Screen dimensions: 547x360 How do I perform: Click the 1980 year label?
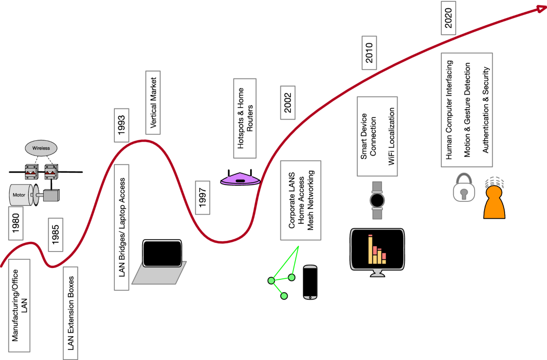pyautogui.click(x=16, y=223)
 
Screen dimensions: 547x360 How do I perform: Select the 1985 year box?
pyautogui.click(x=56, y=235)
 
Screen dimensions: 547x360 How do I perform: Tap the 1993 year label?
pyautogui.click(x=122, y=125)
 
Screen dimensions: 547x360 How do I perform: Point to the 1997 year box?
pyautogui.click(x=203, y=198)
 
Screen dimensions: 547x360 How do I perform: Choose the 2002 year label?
pyautogui.click(x=288, y=103)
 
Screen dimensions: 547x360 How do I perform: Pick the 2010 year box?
pyautogui.click(x=369, y=53)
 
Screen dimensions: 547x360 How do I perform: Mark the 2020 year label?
pyautogui.click(x=449, y=18)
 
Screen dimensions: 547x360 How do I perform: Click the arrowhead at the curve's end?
pyautogui.click(x=542, y=9)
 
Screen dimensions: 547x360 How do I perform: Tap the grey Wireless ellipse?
pyautogui.click(x=41, y=148)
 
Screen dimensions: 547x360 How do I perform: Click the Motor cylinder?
pyautogui.click(x=21, y=195)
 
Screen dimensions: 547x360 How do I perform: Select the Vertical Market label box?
pyautogui.click(x=153, y=103)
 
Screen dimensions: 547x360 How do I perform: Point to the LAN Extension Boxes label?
pyautogui.click(x=71, y=313)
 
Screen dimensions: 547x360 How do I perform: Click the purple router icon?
pyautogui.click(x=241, y=179)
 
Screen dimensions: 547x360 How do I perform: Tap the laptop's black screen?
pyautogui.click(x=162, y=253)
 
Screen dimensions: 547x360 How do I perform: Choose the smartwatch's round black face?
pyautogui.click(x=377, y=201)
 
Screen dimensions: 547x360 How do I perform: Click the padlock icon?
pyautogui.click(x=464, y=187)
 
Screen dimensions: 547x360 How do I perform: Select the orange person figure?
pyautogui.click(x=494, y=202)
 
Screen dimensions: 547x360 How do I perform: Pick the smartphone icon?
pyautogui.click(x=310, y=282)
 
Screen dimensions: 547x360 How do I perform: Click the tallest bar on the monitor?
pyautogui.click(x=371, y=249)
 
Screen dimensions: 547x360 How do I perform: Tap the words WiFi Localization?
pyautogui.click(x=392, y=136)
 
